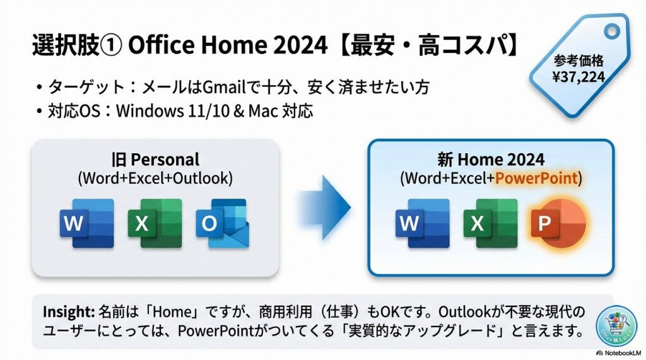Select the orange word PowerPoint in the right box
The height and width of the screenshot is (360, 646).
[x=536, y=178]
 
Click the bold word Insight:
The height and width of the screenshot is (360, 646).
[x=68, y=311]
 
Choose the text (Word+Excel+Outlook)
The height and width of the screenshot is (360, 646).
[x=155, y=178]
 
